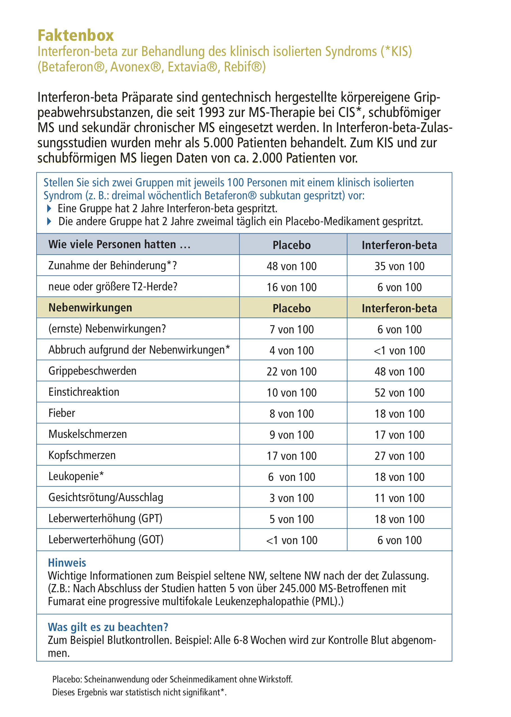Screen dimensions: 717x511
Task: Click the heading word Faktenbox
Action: [x=76, y=35]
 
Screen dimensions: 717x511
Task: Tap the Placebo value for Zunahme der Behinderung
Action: [x=291, y=266]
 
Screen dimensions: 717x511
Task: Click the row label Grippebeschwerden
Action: [x=92, y=371]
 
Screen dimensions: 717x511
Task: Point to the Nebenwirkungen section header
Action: [x=90, y=308]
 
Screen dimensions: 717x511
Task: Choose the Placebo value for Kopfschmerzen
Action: [x=291, y=456]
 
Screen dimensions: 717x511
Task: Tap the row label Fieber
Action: [x=62, y=413]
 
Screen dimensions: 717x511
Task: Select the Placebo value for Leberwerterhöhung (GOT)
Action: [x=291, y=540]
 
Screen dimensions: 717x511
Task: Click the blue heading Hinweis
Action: [x=67, y=563]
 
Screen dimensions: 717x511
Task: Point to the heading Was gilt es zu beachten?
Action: [x=108, y=627]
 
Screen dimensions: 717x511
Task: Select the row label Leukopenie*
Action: [x=76, y=476]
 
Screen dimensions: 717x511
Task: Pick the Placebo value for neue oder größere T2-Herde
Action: [x=291, y=287]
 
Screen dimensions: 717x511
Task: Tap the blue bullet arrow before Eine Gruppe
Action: [x=49, y=208]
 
